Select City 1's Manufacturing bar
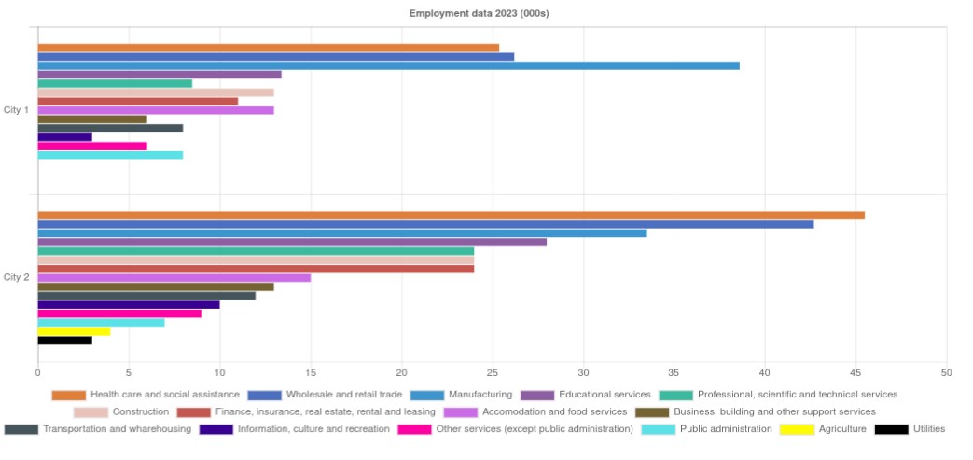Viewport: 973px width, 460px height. pos(388,65)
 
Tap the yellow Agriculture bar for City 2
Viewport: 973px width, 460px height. pos(74,331)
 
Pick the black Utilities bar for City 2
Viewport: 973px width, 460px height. pos(64,341)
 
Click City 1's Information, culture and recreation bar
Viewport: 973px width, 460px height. pos(64,137)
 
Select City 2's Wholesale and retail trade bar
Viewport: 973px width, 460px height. pos(425,224)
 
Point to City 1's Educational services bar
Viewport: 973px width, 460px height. pos(159,75)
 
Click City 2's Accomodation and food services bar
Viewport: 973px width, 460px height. pos(174,278)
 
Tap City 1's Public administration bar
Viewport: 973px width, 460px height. pos(110,155)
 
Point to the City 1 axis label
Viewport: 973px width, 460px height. pos(17,110)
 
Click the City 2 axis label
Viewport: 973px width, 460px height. pos(17,277)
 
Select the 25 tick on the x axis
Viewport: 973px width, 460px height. pos(492,372)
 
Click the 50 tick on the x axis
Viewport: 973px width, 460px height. pos(946,372)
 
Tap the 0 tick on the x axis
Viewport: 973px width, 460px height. pos(37,372)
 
